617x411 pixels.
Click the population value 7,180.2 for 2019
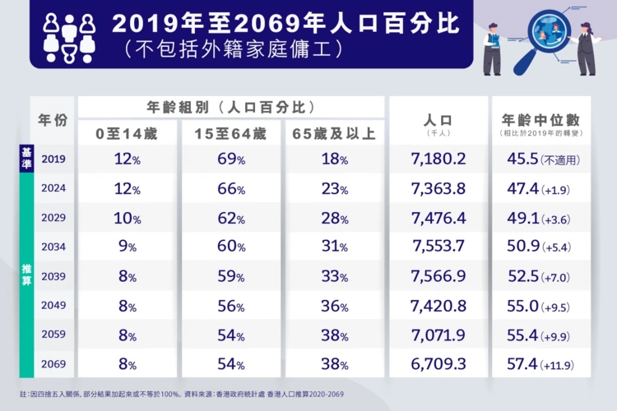tap(438, 159)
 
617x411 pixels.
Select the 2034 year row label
tap(53, 246)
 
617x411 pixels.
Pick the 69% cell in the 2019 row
tap(230, 159)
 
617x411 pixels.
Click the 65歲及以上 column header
tap(334, 132)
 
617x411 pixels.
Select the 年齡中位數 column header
tap(540, 120)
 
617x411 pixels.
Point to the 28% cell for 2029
tap(334, 218)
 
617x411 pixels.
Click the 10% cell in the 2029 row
tap(126, 218)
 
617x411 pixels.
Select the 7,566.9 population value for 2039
tap(438, 276)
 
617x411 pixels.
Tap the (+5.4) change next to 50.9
tap(555, 247)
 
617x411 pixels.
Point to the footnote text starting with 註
tap(181, 394)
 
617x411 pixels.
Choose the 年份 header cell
tap(53, 120)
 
